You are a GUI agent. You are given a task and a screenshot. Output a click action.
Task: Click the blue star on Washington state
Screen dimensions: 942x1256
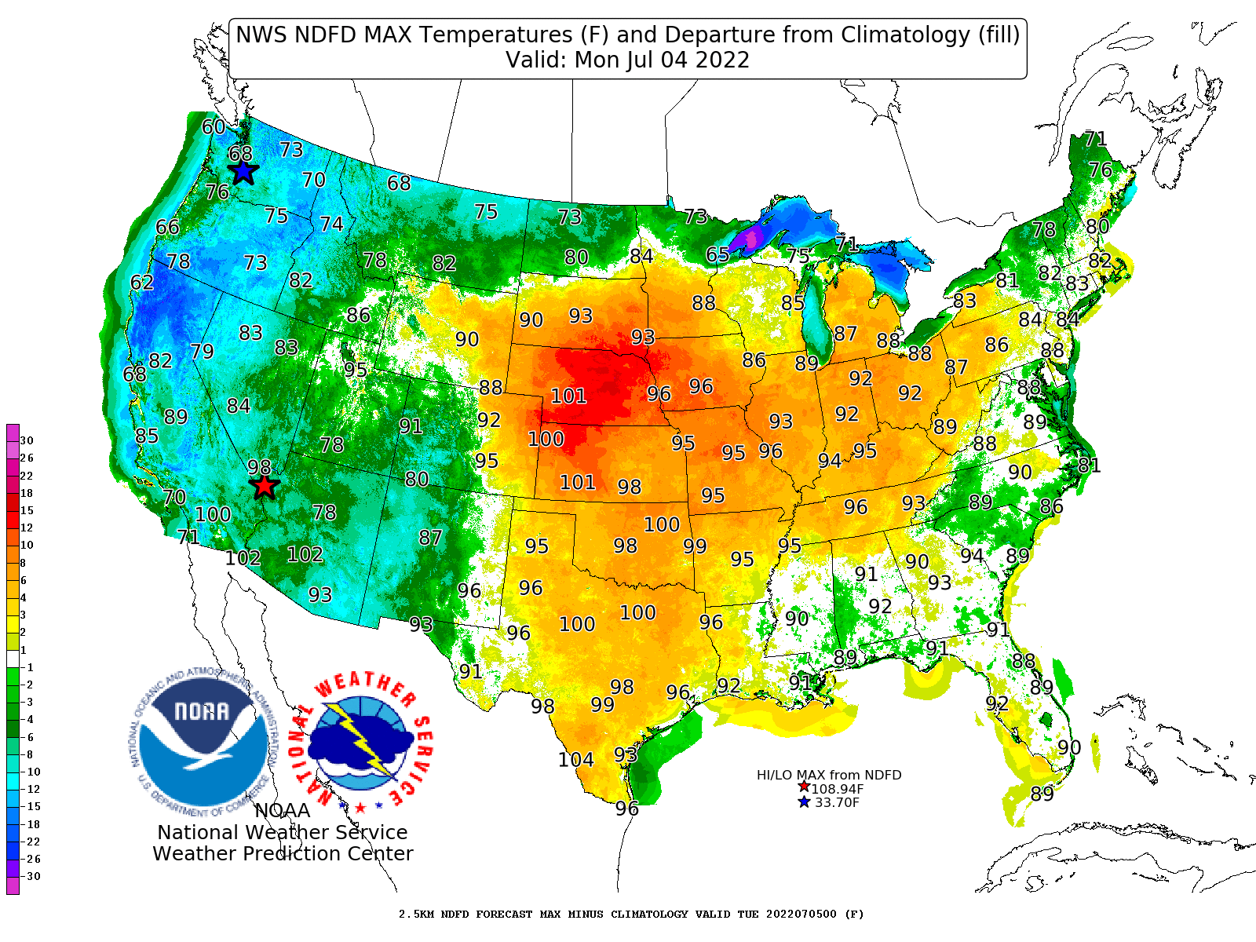[243, 171]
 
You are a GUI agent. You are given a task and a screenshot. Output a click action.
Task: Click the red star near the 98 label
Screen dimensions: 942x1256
[265, 486]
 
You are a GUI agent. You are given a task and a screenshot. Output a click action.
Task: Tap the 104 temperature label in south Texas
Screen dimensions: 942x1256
[575, 760]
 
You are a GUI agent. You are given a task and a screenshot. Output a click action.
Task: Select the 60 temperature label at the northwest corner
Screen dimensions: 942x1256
[214, 127]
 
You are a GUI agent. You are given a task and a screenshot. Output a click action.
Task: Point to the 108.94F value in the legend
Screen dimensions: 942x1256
[837, 789]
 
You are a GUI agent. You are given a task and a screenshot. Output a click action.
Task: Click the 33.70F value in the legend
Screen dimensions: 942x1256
[837, 802]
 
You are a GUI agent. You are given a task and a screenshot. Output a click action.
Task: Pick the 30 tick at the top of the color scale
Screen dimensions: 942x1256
[27, 440]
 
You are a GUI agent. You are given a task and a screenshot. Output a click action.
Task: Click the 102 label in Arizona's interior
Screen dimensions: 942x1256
[305, 555]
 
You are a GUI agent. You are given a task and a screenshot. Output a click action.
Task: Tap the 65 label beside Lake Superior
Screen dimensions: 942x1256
[717, 255]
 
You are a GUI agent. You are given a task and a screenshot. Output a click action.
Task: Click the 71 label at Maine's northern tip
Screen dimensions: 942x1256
[1095, 140]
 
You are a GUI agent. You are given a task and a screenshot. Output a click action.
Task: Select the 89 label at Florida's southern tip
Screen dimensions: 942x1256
[1042, 794]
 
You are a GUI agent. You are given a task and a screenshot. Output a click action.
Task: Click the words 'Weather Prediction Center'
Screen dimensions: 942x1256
[283, 854]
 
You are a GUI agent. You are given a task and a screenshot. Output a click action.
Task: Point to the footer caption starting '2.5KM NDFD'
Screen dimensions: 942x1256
[630, 915]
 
